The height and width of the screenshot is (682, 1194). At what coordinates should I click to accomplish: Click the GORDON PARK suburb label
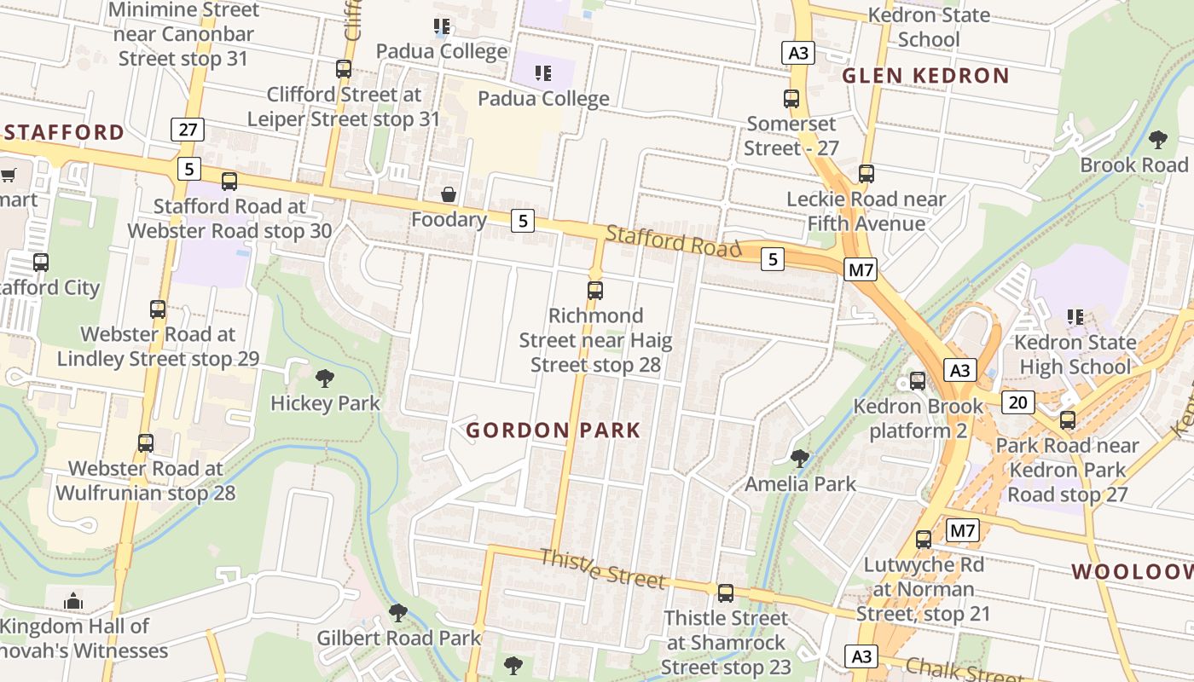(553, 431)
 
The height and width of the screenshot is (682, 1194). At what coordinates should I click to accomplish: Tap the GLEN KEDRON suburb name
(925, 76)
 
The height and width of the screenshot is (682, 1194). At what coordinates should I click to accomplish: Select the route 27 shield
(188, 130)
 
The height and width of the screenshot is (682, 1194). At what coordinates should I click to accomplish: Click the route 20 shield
(1018, 402)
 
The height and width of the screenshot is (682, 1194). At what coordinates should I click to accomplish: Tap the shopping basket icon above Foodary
(449, 195)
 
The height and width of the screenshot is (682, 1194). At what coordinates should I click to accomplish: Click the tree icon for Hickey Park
(324, 378)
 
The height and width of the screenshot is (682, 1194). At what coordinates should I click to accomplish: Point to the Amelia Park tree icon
(799, 459)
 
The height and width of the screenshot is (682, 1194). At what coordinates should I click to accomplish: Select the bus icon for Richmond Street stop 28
(595, 291)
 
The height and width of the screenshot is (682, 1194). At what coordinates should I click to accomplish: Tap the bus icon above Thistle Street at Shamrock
(725, 592)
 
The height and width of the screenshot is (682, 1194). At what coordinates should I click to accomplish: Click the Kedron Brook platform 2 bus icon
(918, 381)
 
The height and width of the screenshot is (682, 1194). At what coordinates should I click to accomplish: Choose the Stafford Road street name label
(673, 241)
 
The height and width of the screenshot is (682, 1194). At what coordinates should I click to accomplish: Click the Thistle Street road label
(602, 569)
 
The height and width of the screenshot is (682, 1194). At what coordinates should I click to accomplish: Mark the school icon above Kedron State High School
(1075, 317)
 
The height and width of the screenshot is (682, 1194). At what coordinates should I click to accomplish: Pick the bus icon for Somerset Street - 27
(791, 99)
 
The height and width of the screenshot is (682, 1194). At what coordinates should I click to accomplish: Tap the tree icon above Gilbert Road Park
(397, 612)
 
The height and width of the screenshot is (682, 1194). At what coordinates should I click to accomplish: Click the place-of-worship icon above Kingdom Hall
(73, 601)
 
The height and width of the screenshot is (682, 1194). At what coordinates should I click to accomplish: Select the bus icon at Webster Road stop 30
(229, 182)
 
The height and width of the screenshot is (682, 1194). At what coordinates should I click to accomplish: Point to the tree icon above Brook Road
(1157, 140)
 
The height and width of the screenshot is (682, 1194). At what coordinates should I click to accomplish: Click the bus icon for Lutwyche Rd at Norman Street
(923, 540)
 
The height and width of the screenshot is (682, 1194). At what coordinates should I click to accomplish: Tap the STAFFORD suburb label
(64, 132)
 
